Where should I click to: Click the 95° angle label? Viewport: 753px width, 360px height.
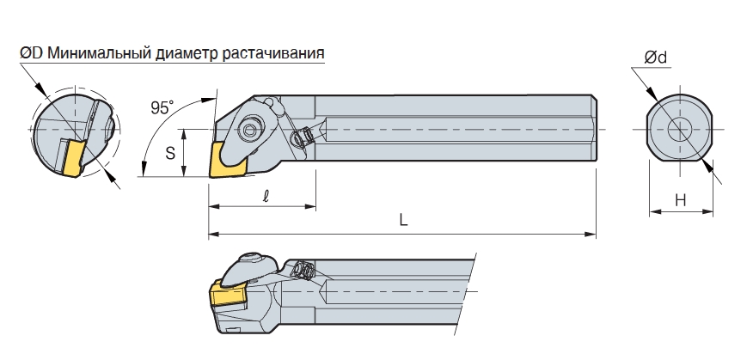(x=162, y=107)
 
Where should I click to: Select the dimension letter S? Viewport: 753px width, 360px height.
(x=170, y=153)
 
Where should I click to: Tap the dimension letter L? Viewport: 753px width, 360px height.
(x=403, y=220)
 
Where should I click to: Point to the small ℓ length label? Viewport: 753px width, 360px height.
(x=266, y=196)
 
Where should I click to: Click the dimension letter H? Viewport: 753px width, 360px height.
(x=681, y=199)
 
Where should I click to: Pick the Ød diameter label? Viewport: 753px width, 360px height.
(x=656, y=58)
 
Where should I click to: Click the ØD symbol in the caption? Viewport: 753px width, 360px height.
(x=32, y=52)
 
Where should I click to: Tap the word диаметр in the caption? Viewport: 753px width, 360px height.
(x=187, y=53)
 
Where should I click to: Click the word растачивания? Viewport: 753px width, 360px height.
(x=273, y=53)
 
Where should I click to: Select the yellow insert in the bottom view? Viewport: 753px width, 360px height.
(x=228, y=294)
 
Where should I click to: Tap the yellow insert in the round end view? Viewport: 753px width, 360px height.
(x=71, y=157)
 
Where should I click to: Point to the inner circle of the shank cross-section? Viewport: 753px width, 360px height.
(x=680, y=129)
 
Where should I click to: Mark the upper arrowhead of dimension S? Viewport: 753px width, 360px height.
(x=183, y=135)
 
